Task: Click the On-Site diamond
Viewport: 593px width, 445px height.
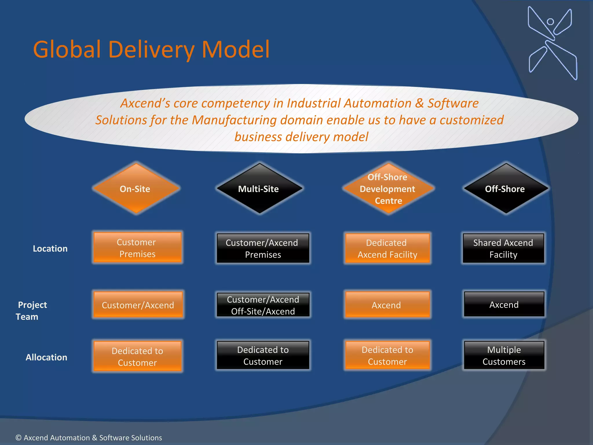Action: (x=136, y=189)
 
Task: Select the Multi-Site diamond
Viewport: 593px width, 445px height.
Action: (x=259, y=189)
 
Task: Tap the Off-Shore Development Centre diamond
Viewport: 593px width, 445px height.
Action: (x=388, y=189)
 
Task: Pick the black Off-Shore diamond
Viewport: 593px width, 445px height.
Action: (x=506, y=189)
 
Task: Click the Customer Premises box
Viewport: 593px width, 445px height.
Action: (x=137, y=248)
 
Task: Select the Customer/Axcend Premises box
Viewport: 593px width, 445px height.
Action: (x=263, y=248)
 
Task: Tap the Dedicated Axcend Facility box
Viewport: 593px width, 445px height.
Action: (x=387, y=248)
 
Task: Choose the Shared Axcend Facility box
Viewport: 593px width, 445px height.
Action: (x=503, y=248)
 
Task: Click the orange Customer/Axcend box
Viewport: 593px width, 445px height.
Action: (x=138, y=305)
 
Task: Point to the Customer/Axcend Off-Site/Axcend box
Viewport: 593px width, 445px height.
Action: (x=263, y=305)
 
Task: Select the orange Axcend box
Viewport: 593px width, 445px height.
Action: (x=387, y=305)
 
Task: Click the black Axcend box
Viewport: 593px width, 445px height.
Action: (x=504, y=304)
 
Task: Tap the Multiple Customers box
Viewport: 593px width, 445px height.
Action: (x=504, y=355)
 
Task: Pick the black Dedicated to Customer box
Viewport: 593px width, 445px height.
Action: (x=263, y=355)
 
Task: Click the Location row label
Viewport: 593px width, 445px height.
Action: (x=50, y=249)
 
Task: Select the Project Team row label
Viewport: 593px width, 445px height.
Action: (x=31, y=311)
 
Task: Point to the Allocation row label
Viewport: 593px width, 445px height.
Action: (x=46, y=357)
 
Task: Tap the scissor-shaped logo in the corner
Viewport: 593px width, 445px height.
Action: (x=552, y=43)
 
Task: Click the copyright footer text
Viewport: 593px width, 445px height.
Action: (x=89, y=437)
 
